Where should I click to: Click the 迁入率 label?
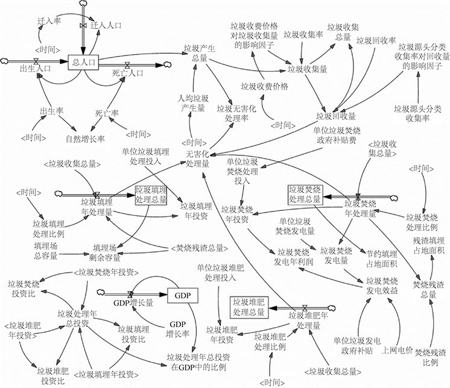(48, 21)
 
